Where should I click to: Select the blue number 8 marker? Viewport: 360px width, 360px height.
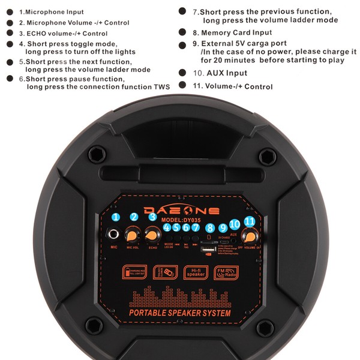pos(209,227)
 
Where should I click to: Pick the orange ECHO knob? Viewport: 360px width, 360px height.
pos(152,234)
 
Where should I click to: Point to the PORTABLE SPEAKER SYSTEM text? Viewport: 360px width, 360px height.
pos(180,313)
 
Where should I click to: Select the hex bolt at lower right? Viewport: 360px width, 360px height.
pos(265,328)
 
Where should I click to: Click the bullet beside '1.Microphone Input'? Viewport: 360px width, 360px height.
pos(9,12)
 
